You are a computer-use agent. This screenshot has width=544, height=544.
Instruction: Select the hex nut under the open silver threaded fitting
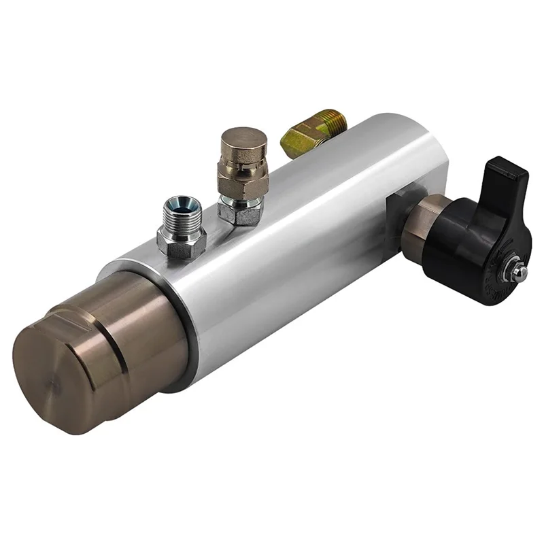pos(181,241)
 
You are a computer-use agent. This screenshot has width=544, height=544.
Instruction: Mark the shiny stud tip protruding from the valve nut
pos(520,273)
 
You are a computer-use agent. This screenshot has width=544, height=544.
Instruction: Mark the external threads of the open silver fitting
pos(182,221)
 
